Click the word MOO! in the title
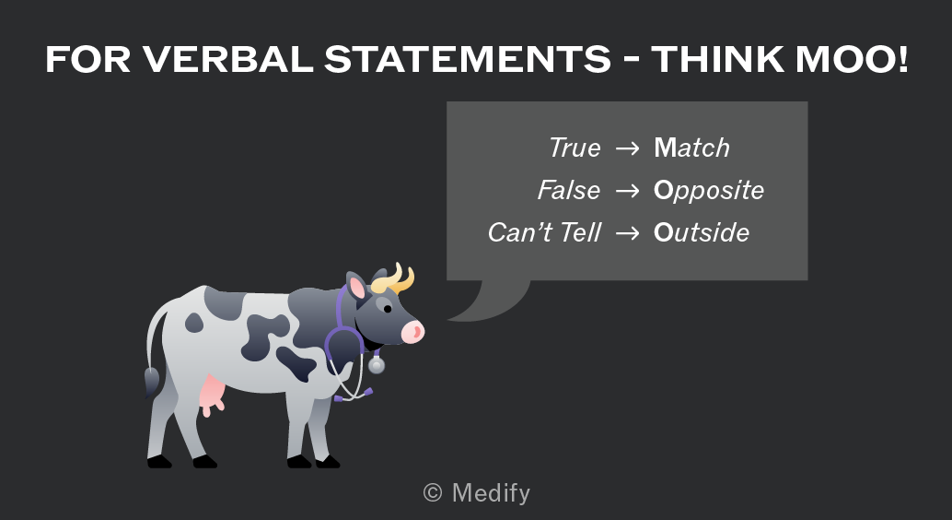[852, 60]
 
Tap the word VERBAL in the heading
[227, 60]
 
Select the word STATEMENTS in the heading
[468, 60]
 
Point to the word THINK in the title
[717, 60]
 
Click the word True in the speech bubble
[575, 148]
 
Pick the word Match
[691, 148]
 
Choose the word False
[569, 190]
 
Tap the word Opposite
[709, 191]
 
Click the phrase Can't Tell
[545, 232]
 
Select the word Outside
[702, 232]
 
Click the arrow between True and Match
[627, 148]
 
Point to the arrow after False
[627, 191]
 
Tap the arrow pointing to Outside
[627, 233]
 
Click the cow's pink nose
[412, 332]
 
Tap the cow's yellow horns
[393, 280]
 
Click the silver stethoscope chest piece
[377, 365]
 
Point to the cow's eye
[388, 309]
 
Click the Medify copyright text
[477, 492]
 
